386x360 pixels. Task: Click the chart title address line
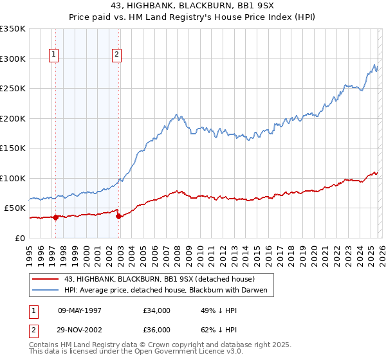[193, 6]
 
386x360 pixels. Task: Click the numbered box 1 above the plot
[55, 55]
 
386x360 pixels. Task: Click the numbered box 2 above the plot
[117, 55]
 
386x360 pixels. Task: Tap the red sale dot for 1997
[56, 217]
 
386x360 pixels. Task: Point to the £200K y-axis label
[13, 118]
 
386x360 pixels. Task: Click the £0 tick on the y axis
[21, 238]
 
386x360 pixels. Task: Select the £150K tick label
[13, 148]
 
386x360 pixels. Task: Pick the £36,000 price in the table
[157, 329]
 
